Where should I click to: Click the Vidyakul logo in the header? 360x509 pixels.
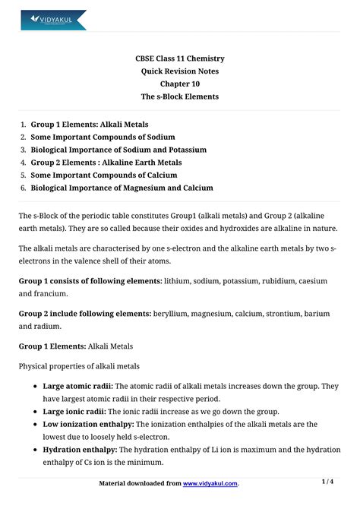[53, 19]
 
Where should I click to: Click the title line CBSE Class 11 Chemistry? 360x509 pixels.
[179, 58]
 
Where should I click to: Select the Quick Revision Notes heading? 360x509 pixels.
[179, 71]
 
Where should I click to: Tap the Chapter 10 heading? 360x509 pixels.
[179, 84]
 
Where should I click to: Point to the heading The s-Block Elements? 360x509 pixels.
[179, 97]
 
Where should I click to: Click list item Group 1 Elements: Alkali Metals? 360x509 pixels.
[90, 124]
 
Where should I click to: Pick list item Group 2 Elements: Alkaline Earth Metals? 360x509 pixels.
[106, 163]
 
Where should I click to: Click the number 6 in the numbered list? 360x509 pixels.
[23, 188]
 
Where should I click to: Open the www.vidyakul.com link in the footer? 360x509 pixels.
[210, 483]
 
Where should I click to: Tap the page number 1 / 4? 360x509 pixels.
[327, 482]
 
